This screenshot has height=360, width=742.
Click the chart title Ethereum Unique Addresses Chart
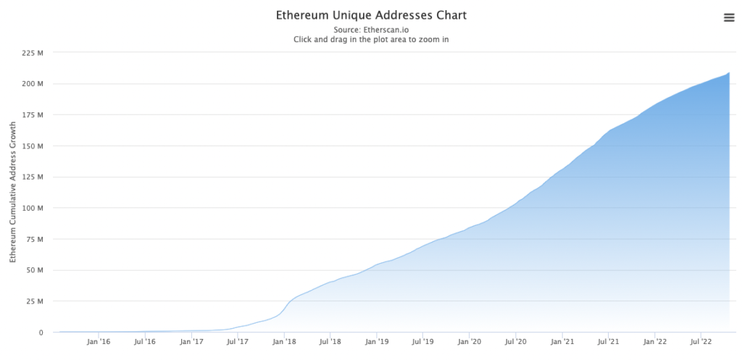tap(371, 15)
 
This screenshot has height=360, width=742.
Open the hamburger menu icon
tap(729, 18)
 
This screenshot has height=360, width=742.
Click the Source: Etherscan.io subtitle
tap(371, 30)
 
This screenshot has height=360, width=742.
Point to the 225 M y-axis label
tap(33, 53)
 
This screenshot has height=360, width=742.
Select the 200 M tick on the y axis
tap(33, 84)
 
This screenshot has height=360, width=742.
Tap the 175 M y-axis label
tap(33, 115)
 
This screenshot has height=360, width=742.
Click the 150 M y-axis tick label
tap(33, 146)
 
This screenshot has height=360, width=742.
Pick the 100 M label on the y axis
tap(33, 209)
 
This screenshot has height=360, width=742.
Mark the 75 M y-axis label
tap(35, 239)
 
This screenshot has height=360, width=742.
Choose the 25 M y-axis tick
tap(35, 301)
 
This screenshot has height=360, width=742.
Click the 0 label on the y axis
tap(41, 332)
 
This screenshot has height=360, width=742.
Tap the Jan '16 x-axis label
tap(99, 342)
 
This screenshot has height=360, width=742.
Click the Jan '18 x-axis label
tap(285, 342)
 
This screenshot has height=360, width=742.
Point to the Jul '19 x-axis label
tap(423, 342)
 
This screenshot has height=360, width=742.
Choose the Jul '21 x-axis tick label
tap(609, 342)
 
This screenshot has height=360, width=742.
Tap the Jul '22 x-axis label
tap(701, 342)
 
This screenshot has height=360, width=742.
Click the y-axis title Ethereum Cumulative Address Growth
tap(12, 193)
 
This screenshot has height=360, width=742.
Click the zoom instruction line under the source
tap(371, 40)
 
